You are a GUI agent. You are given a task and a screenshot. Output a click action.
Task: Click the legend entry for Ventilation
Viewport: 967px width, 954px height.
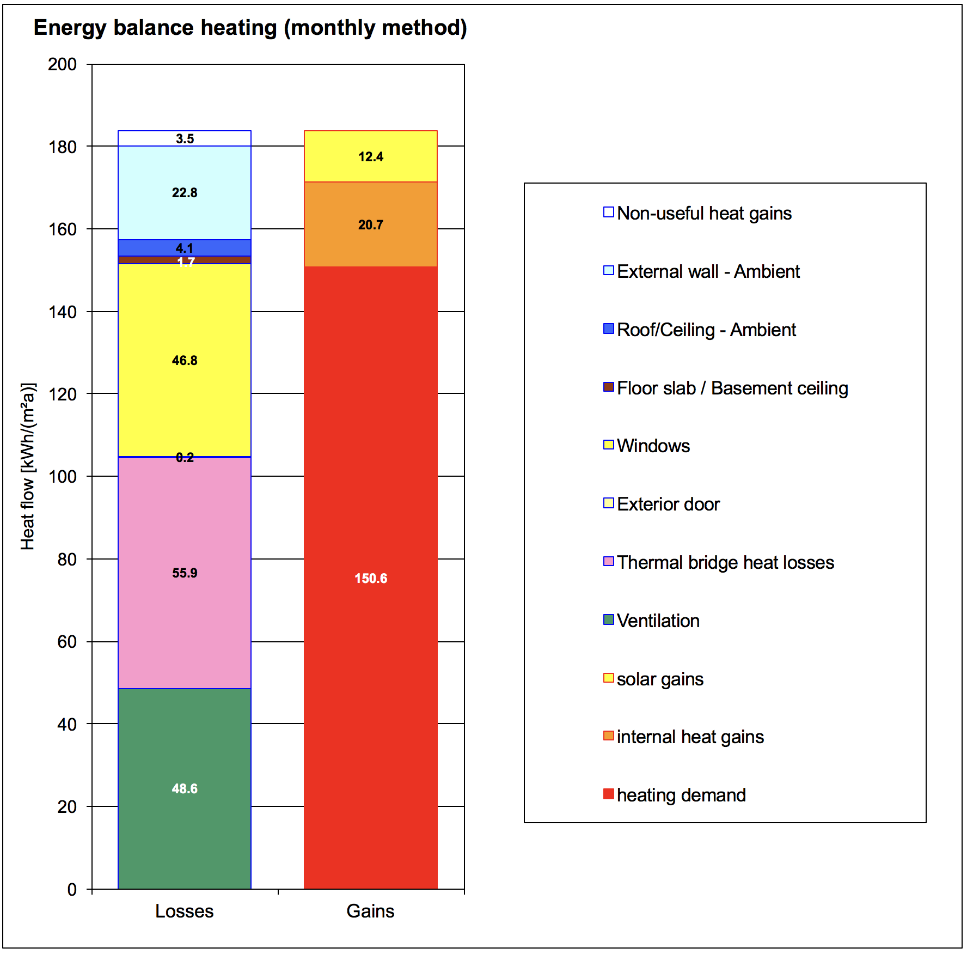click(x=658, y=621)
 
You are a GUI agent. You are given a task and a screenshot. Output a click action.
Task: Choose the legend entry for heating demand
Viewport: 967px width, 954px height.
click(x=681, y=795)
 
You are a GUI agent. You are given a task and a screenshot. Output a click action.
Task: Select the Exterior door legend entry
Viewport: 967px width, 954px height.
click(x=668, y=504)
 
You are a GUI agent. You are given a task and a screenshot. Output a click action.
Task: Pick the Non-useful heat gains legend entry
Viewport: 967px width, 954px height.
click(x=703, y=213)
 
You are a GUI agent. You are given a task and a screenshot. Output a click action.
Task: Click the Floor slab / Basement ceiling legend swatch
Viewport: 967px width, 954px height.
click(x=609, y=387)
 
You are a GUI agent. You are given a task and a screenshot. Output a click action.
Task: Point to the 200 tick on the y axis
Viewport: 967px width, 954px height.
click(x=62, y=64)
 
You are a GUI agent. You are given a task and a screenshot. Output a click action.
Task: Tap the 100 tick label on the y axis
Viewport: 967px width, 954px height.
click(x=62, y=477)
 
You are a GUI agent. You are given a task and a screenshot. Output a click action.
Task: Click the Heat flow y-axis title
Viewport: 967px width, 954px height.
click(x=28, y=466)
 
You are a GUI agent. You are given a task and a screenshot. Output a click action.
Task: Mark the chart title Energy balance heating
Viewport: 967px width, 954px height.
click(x=250, y=28)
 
